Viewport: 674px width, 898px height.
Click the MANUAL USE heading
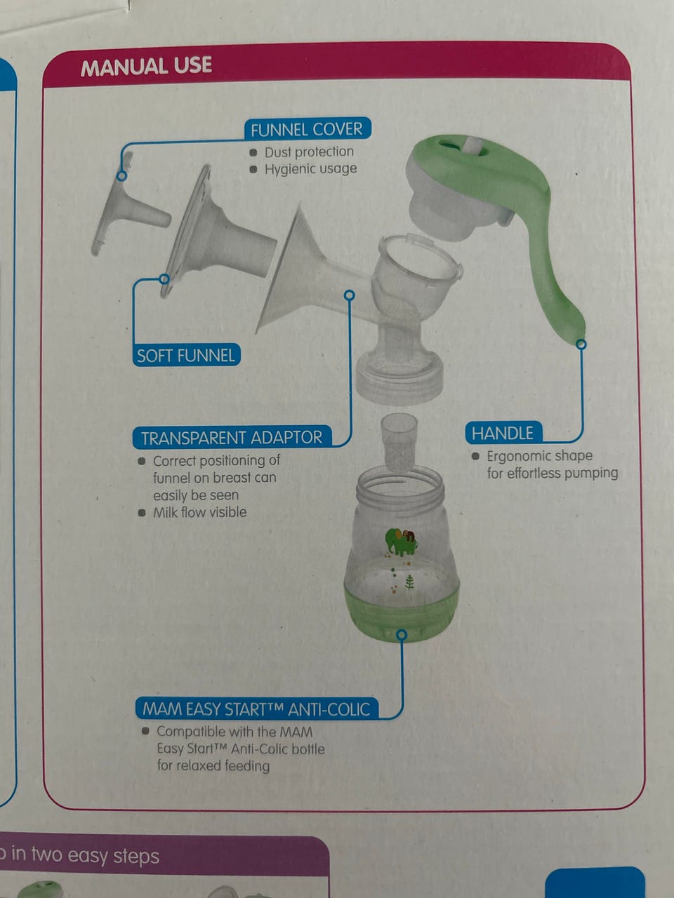click(x=146, y=66)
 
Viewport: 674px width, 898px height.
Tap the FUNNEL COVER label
click(x=307, y=130)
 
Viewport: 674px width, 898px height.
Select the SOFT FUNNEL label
click(x=186, y=355)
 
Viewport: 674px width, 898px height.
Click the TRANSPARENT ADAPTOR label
click(x=232, y=437)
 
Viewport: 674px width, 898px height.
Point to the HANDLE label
click(x=503, y=433)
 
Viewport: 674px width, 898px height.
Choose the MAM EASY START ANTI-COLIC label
click(x=256, y=709)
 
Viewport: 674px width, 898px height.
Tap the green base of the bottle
click(x=401, y=612)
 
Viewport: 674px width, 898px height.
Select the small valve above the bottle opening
click(x=399, y=443)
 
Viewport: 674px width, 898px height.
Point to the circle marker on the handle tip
click(x=581, y=344)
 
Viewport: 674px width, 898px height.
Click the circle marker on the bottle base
click(x=402, y=634)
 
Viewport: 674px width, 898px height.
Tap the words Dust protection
click(x=309, y=152)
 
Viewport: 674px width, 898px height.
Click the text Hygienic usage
click(x=310, y=168)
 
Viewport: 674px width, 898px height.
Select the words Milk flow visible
click(x=199, y=512)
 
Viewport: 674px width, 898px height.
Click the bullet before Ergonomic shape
click(x=475, y=456)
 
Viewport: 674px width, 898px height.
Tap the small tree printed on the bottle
click(x=409, y=582)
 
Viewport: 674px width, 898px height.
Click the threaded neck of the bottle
click(x=400, y=485)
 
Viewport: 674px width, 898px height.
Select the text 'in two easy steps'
click(x=85, y=855)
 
